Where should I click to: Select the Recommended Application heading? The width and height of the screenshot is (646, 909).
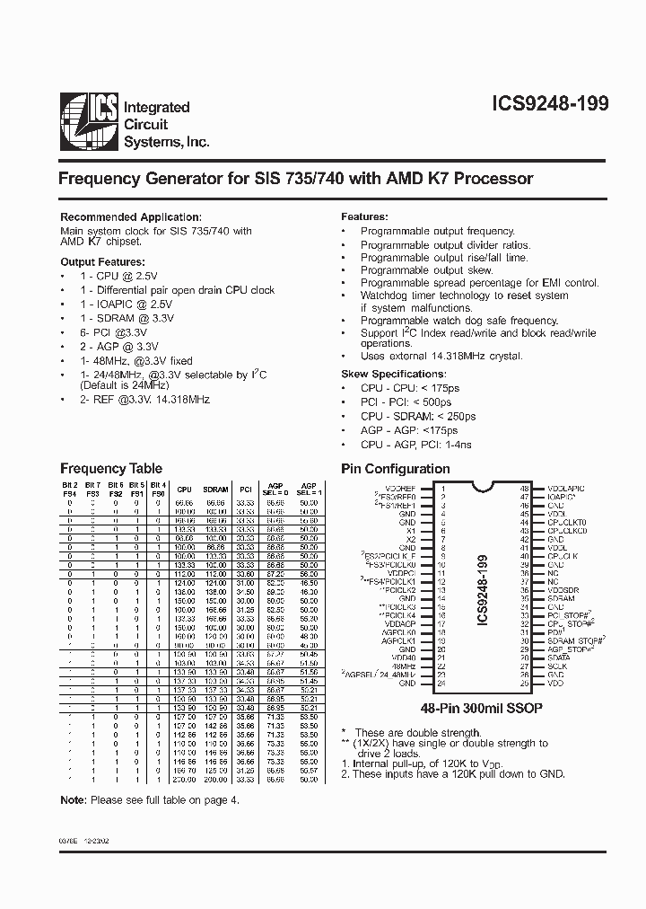point(130,217)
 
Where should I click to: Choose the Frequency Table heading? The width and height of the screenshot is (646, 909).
point(110,468)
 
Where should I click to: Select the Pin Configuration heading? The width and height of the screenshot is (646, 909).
point(396,468)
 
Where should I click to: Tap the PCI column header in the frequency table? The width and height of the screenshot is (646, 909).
point(244,490)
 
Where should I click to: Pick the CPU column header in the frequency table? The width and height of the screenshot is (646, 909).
point(184,490)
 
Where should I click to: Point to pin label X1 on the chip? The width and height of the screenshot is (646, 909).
point(412,530)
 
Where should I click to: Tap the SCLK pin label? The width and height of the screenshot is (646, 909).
point(557,666)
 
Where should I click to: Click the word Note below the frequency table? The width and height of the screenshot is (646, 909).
point(73,799)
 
